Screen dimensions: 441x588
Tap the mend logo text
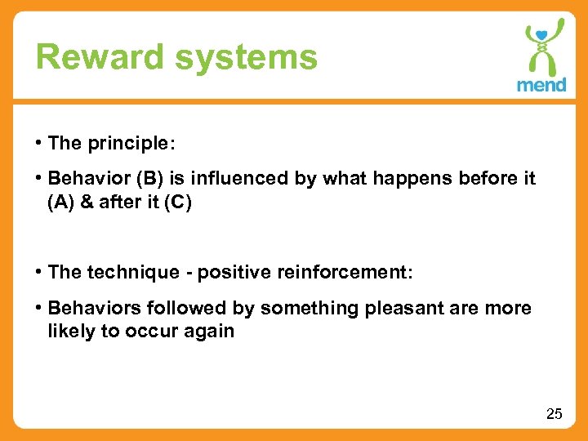point(541,85)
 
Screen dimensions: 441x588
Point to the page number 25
point(554,414)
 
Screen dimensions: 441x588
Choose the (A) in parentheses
point(62,202)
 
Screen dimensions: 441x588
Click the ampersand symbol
point(88,202)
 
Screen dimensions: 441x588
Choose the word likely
point(70,331)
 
